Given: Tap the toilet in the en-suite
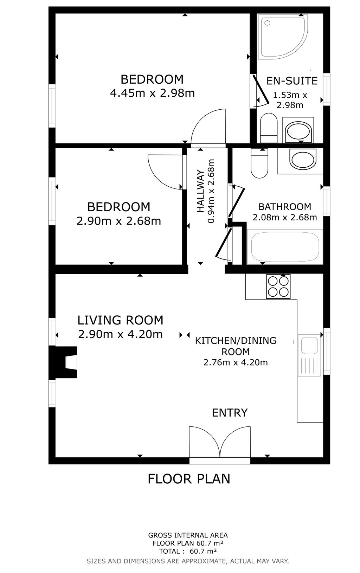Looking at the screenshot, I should tap(269, 127).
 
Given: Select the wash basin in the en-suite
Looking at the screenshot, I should tap(299, 131).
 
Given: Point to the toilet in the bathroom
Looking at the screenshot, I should tap(259, 163).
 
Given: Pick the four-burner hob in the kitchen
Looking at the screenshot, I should tap(278, 286).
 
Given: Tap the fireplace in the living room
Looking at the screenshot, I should tap(65, 362).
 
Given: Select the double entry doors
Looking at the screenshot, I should tap(220, 443).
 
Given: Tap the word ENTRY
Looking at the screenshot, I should tap(230, 412).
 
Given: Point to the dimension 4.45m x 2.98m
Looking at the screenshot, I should tap(152, 93).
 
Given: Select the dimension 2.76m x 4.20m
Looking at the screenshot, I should tap(236, 362).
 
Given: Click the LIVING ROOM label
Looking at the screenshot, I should tap(120, 320).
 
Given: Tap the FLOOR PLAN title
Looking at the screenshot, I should tap(189, 479).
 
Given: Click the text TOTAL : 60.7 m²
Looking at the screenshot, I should tap(188, 551).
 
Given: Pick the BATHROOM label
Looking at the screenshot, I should tap(285, 206).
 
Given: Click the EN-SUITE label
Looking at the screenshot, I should tap(292, 81).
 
